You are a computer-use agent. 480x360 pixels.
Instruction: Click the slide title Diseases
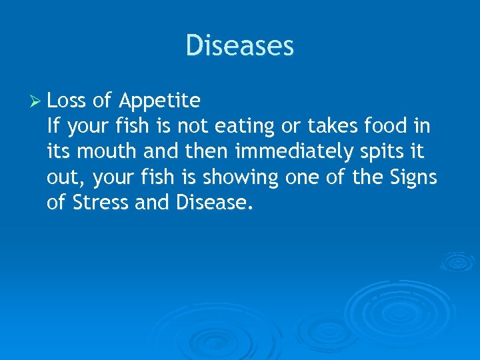239,46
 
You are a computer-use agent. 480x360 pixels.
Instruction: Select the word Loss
67,101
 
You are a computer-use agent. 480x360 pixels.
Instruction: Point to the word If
53,126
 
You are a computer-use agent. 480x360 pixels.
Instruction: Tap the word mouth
104,151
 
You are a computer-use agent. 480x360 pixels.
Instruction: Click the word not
193,126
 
